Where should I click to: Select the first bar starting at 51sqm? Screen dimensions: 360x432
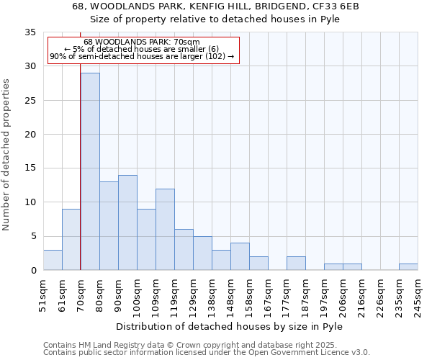tap(53, 260)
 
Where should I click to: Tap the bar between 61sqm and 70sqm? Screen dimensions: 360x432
tap(71, 240)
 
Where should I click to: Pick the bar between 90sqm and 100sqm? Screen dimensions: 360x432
tap(127, 222)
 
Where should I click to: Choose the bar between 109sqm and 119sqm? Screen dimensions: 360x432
tap(165, 230)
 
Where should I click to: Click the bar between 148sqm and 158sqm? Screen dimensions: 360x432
tap(240, 256)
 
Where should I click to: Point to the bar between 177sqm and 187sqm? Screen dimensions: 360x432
tap(296, 264)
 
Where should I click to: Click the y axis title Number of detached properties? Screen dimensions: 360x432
tap(7, 155)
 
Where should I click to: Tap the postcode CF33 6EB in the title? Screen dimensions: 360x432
tap(336, 6)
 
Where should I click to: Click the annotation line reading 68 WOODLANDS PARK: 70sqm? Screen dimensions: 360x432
tap(142, 42)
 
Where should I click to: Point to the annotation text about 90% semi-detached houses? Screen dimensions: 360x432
tap(142, 56)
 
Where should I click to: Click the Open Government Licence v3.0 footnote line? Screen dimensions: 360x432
tap(207, 353)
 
